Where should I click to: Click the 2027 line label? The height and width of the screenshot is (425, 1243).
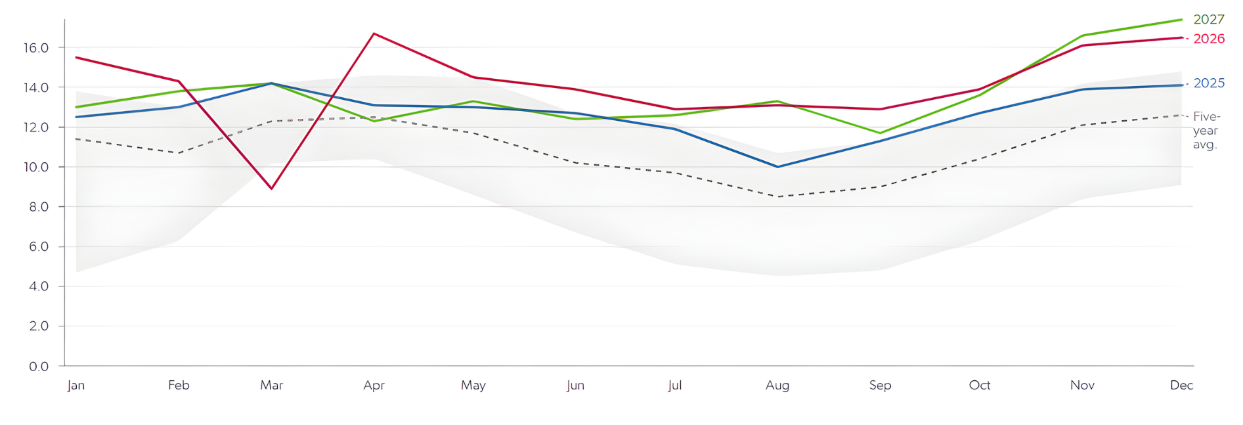pos(1208,20)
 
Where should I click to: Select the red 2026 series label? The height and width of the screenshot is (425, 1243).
pos(1208,39)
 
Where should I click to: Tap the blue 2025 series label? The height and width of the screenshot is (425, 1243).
pos(1208,83)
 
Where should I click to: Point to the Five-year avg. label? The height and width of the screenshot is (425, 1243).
pos(1206,130)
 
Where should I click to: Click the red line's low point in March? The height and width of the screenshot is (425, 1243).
pos(272,189)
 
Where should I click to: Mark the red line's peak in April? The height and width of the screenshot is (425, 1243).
pos(374,34)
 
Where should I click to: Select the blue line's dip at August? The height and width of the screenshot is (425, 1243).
pos(778,167)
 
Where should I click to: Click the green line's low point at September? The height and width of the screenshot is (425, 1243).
pos(880,133)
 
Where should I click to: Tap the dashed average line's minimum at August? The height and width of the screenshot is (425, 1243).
pos(778,196)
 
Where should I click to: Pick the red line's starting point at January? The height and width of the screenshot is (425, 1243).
pos(76,57)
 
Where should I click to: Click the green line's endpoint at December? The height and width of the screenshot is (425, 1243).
pos(1181,20)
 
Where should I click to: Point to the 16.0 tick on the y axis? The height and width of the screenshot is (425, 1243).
pos(35,48)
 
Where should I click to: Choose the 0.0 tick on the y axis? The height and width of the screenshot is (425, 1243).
pos(38,367)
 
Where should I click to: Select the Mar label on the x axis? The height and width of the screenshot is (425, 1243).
pos(271,386)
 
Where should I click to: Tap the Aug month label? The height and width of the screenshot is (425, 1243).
pos(777,386)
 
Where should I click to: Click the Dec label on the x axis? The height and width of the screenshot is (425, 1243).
pos(1181,386)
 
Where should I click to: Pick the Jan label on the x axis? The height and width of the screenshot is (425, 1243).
pos(76,386)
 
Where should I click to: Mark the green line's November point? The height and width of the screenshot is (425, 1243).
pos(1082,35)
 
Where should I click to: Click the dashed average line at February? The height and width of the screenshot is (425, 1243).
pos(179,153)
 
